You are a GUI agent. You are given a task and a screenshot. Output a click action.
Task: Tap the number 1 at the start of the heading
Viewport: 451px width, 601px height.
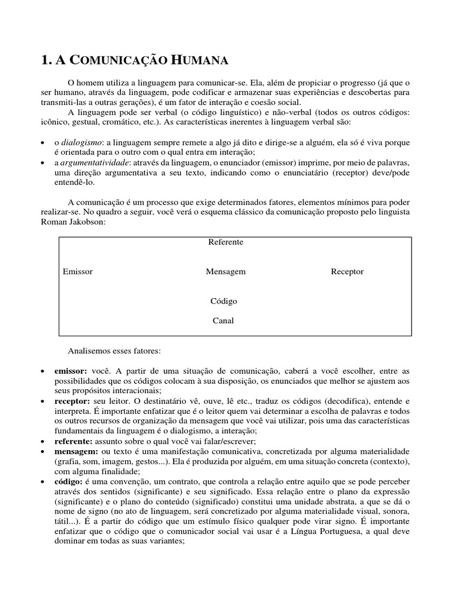(x=44, y=60)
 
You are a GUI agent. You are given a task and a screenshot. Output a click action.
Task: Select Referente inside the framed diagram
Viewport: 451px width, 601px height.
(x=225, y=242)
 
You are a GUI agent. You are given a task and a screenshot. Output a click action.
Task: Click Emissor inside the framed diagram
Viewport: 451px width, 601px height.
(x=78, y=272)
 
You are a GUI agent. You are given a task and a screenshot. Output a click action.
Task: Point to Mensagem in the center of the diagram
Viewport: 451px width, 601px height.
(x=225, y=272)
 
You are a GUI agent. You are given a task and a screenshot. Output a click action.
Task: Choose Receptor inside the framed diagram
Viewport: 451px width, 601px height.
(x=347, y=272)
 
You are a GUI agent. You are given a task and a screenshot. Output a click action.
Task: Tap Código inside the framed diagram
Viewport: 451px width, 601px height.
(x=224, y=301)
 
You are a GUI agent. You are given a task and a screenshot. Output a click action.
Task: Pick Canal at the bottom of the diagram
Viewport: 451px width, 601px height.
(x=223, y=320)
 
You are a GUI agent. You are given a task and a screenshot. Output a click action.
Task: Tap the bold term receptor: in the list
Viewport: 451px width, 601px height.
(x=72, y=401)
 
